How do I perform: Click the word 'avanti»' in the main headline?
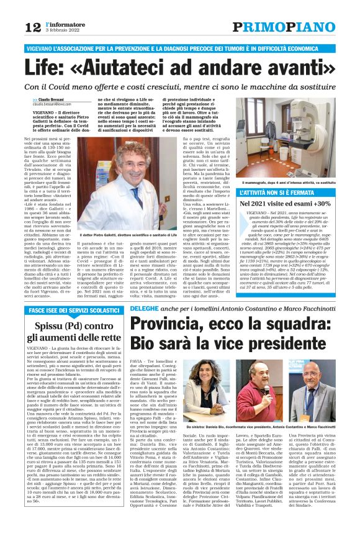295,66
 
